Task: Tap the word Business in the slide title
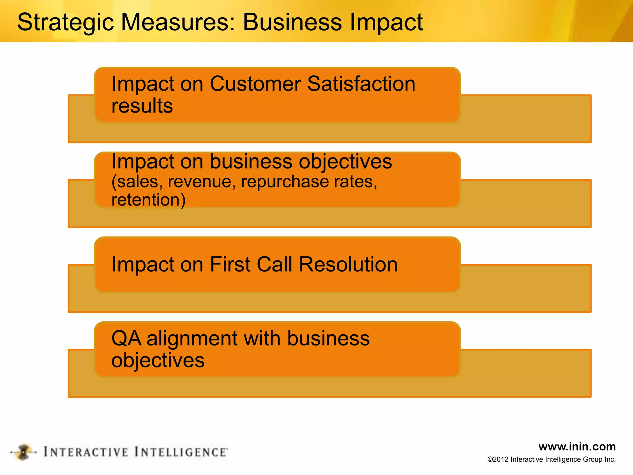pos(292,22)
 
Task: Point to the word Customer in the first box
pos(255,84)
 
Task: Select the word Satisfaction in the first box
pos(361,84)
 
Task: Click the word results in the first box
pos(142,106)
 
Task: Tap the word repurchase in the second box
pos(284,182)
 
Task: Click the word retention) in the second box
pos(148,200)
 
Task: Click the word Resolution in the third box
pos(348,264)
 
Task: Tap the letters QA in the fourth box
pos(126,338)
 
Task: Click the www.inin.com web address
pos(577,447)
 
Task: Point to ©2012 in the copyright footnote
pos(498,460)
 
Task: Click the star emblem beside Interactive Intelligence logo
pos(23,452)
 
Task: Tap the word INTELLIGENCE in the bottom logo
pos(181,452)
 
